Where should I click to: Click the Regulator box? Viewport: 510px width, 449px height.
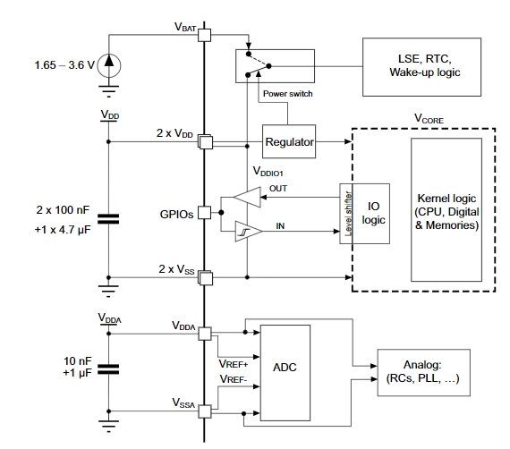289,141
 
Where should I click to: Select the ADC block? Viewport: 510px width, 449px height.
285,373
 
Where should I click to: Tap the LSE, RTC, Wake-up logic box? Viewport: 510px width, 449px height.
421,67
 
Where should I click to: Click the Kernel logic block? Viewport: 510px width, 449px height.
446,209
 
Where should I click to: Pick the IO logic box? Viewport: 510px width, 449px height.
371,214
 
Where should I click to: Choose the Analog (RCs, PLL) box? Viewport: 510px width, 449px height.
423,373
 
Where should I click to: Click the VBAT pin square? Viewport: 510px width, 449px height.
204,35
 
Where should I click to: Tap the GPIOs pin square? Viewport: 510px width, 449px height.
204,213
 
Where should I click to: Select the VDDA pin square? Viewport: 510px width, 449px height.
205,334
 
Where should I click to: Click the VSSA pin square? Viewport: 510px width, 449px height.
205,411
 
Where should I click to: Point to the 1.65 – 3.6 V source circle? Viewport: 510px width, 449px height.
109,65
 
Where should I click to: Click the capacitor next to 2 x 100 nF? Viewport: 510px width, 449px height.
108,219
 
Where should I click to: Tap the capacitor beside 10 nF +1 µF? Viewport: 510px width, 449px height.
108,369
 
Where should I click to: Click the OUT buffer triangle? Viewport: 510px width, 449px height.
249,197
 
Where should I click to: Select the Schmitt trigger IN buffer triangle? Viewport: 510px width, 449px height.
247,231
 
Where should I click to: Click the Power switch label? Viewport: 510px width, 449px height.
288,94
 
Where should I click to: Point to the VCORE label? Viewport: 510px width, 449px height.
429,119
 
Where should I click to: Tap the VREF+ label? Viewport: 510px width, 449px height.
234,364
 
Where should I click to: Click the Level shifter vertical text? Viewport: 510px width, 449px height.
348,214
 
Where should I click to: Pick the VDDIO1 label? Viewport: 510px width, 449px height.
268,172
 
